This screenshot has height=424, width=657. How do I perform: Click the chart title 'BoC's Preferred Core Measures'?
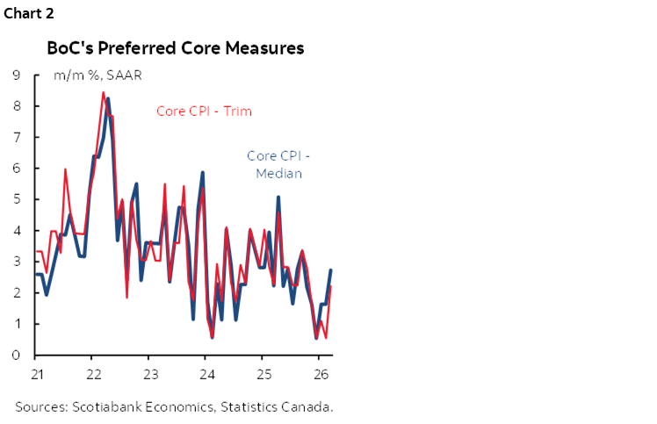coord(176,48)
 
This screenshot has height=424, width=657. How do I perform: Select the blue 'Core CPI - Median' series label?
coord(278,164)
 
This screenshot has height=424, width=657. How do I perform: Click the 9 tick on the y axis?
coord(17,75)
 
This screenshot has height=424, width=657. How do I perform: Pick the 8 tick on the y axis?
coord(17,106)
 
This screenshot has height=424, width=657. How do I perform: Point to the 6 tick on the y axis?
coord(17,169)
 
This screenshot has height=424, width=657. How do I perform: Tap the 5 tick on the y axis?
coord(17,199)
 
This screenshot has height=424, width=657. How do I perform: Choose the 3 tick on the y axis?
coord(17,262)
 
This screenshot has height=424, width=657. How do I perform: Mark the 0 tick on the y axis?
coord(17,355)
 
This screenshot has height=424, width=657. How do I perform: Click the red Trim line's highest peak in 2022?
coord(104,92)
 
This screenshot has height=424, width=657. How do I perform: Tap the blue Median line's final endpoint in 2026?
coord(330,270)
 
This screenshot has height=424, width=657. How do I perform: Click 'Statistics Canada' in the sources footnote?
coord(279,406)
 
